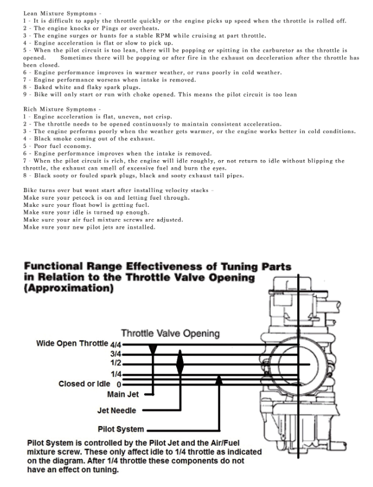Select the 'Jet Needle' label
tap(116, 411)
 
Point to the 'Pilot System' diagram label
tap(120, 429)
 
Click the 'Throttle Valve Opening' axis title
tap(170, 333)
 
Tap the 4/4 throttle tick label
tap(116, 344)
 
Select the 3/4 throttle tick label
tap(116, 354)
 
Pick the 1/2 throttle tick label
tap(116, 363)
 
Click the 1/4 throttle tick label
tap(116, 374)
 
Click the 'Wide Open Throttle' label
tap(72, 344)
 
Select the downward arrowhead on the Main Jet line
tap(153, 349)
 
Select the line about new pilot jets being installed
tap(89, 227)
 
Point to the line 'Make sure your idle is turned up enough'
tap(86, 212)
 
